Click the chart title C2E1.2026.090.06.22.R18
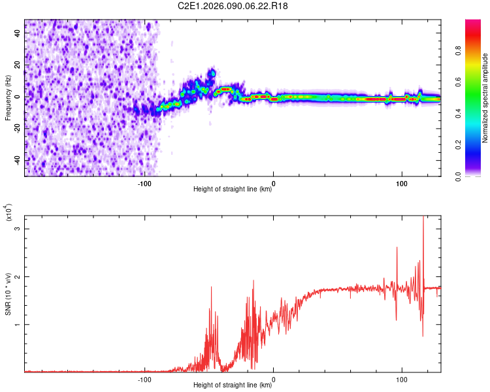tap(233, 6)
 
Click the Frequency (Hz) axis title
tap(8, 97)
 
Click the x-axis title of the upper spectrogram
tap(233, 189)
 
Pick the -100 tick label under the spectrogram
tap(145, 183)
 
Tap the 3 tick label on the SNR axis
tap(18, 229)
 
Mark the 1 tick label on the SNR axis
tap(18, 325)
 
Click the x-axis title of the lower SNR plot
tap(233, 385)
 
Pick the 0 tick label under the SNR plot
tap(273, 379)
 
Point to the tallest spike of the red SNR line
tap(423, 218)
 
